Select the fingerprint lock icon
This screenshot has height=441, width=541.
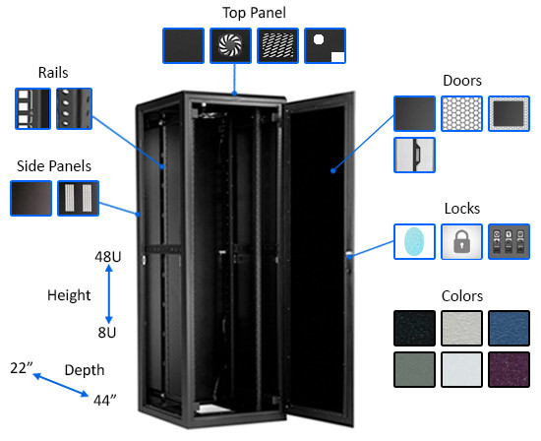click(413, 241)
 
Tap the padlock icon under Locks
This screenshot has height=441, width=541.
click(460, 241)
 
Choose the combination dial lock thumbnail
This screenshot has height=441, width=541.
click(508, 241)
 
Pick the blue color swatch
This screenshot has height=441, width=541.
click(508, 328)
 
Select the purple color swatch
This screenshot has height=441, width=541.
click(508, 371)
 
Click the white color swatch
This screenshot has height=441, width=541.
click(460, 371)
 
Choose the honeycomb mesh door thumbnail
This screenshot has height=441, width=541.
click(460, 114)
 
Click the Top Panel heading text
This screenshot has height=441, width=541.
click(253, 13)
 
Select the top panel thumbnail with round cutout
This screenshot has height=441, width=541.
click(324, 46)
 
